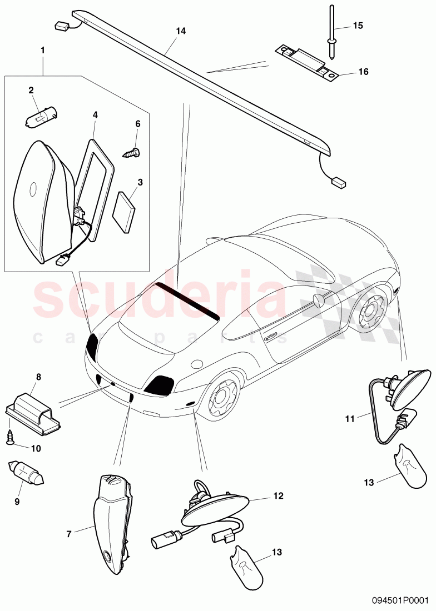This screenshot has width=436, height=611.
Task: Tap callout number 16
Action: coord(363,72)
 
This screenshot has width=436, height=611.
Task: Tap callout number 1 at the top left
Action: coord(43,49)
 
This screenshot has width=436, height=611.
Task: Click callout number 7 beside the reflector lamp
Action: coord(69,534)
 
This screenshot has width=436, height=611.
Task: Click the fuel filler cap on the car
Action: coord(196,365)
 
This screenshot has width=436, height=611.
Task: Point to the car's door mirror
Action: coord(319,301)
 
